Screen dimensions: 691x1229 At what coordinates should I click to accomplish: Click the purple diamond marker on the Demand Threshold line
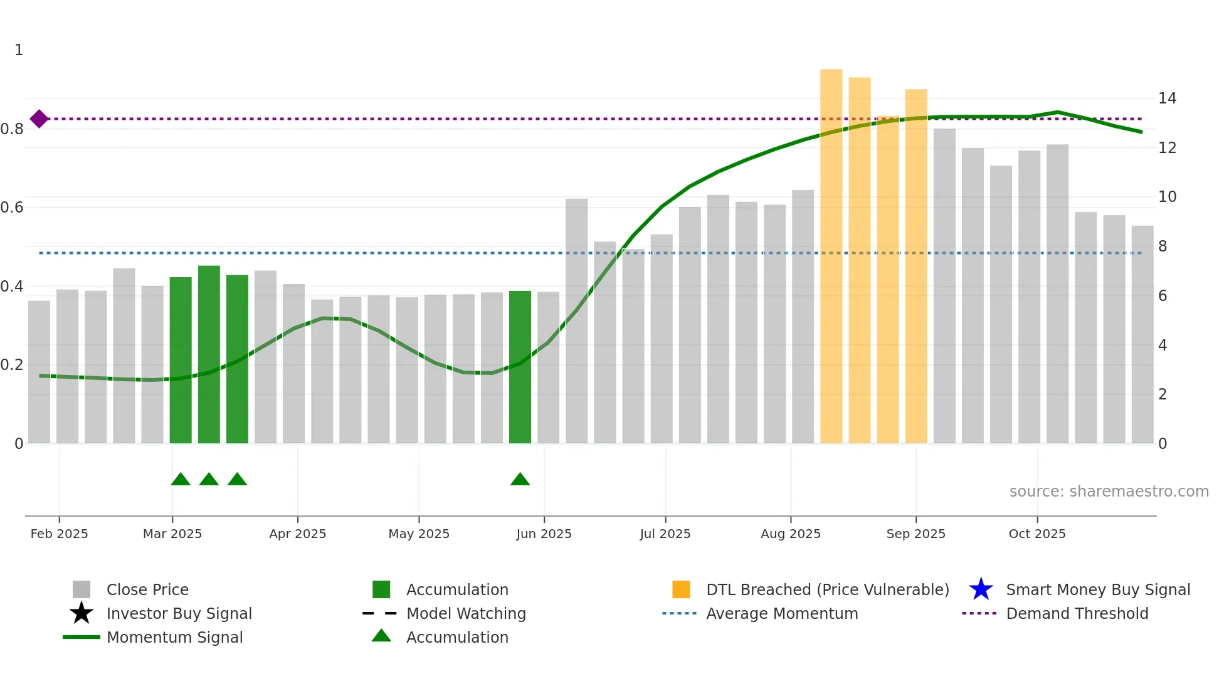click(x=39, y=119)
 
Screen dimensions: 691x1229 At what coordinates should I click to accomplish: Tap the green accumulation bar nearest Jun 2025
click(x=520, y=367)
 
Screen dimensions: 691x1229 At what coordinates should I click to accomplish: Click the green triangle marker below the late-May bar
click(x=520, y=480)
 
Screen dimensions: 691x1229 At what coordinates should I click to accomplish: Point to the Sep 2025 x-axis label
click(x=915, y=534)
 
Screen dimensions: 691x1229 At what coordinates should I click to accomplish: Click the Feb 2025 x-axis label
click(x=59, y=534)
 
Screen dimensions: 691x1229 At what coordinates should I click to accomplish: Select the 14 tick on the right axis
click(x=1167, y=98)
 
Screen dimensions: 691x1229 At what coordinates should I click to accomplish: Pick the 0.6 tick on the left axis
click(x=12, y=208)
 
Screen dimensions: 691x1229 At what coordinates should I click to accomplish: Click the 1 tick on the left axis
click(x=19, y=50)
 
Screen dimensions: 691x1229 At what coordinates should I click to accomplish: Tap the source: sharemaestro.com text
click(x=1109, y=492)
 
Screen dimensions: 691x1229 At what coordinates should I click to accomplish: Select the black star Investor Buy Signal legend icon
click(x=82, y=613)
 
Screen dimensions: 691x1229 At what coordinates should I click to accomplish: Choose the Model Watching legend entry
click(x=465, y=614)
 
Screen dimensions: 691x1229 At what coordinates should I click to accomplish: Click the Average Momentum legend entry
click(x=781, y=614)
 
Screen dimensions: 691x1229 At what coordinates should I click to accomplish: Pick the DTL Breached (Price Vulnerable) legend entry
click(x=827, y=590)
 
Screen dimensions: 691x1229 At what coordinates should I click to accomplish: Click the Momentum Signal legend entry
click(x=174, y=638)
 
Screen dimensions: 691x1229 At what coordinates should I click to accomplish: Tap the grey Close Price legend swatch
click(x=82, y=590)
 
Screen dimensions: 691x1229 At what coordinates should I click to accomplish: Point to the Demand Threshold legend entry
click(x=1077, y=614)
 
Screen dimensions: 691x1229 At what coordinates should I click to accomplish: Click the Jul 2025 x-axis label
click(x=665, y=534)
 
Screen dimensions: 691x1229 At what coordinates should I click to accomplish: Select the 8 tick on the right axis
click(x=1163, y=246)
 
